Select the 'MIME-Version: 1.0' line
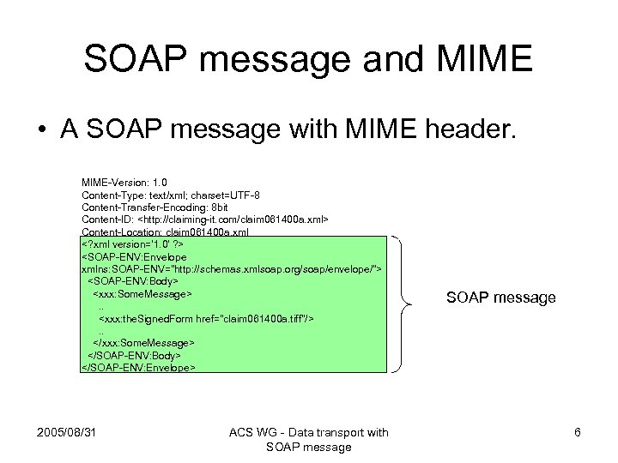[x=124, y=183]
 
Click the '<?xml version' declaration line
[x=132, y=244]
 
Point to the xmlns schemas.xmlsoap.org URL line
[x=231, y=268]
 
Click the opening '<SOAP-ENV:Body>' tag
[x=132, y=281]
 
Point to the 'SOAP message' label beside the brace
[x=501, y=298]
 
